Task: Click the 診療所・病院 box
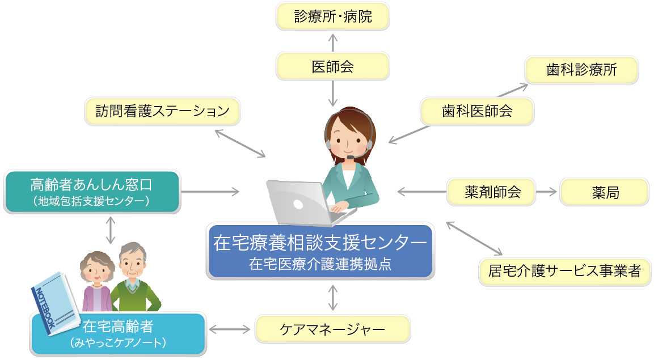point(332,16)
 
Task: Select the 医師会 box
point(332,66)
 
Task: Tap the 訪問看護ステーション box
point(162,111)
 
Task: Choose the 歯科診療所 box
point(581,70)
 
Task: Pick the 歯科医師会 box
point(477,111)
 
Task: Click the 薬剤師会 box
point(491,192)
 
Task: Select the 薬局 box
point(604,192)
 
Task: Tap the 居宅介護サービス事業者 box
point(565,272)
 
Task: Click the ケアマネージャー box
point(332,329)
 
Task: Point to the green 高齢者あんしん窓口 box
point(92,192)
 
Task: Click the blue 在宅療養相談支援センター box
point(320,251)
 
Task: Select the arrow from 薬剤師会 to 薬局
point(546,192)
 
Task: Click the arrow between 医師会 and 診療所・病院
point(332,43)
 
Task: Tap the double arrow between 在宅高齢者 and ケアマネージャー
point(229,329)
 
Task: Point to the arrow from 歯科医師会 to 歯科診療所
point(513,90)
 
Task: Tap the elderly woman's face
point(97,271)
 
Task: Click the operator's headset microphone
point(351,157)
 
